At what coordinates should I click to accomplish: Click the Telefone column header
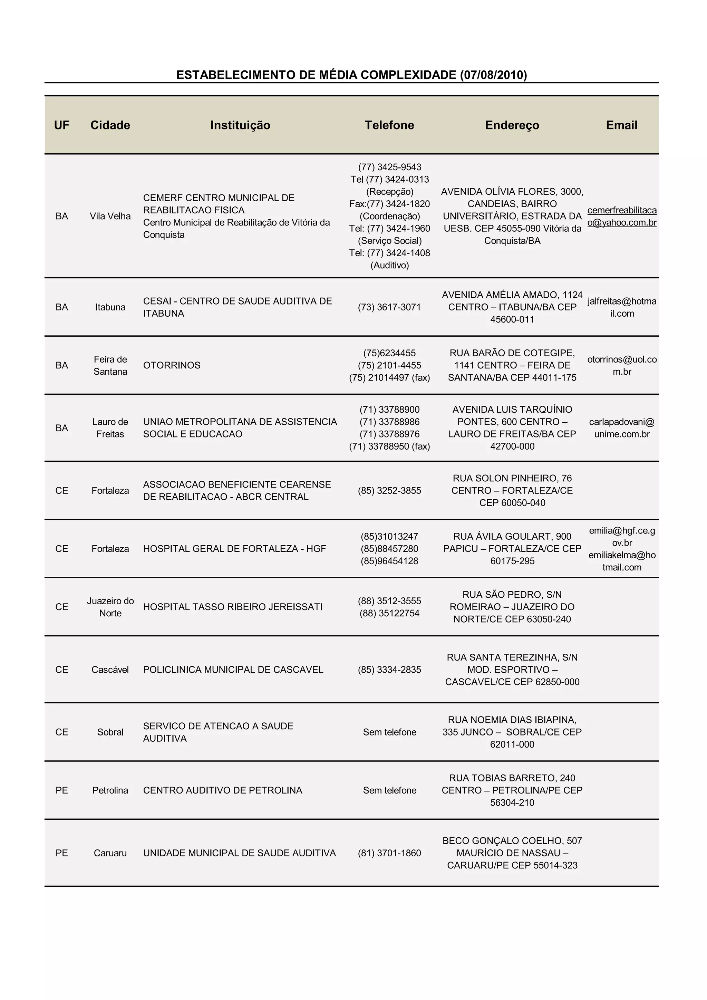pyautogui.click(x=389, y=125)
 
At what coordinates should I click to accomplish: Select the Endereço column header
pyautogui.click(x=512, y=125)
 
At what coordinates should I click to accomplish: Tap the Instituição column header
pyautogui.click(x=240, y=125)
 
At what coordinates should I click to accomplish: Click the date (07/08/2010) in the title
pyautogui.click(x=493, y=75)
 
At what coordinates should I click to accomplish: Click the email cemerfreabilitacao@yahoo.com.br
pyautogui.click(x=622, y=217)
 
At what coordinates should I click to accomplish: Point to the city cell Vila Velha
pyautogui.click(x=110, y=216)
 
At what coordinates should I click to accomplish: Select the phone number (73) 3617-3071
pyautogui.click(x=389, y=307)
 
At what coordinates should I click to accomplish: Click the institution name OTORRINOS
pyautogui.click(x=172, y=365)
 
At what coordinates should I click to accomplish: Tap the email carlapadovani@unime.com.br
pyautogui.click(x=622, y=428)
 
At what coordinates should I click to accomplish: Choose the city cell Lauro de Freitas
pyautogui.click(x=110, y=428)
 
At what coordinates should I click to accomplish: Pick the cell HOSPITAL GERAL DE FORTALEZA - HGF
pyautogui.click(x=234, y=549)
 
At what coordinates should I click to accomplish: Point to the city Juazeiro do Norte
pyautogui.click(x=110, y=607)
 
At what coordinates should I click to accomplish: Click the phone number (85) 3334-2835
pyautogui.click(x=389, y=670)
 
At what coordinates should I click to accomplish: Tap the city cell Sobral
pyautogui.click(x=110, y=732)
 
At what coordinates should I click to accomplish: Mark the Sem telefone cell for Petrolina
pyautogui.click(x=389, y=790)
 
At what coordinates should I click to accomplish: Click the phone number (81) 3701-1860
pyautogui.click(x=389, y=853)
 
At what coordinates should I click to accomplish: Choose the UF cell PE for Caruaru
pyautogui.click(x=62, y=853)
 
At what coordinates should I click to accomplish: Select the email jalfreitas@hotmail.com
pyautogui.click(x=622, y=307)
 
